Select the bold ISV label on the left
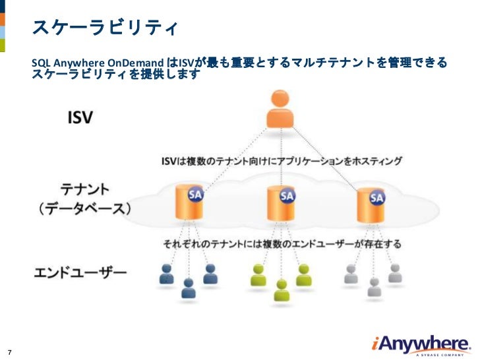click(80, 118)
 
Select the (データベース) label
click(84, 209)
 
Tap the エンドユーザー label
click(80, 272)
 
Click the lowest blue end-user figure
click(189, 288)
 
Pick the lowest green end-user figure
click(282, 290)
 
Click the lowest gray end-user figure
click(374, 287)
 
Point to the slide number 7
click(10, 350)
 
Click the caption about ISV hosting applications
click(282, 161)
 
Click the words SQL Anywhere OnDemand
click(99, 63)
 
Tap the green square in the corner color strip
click(3, 45)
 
